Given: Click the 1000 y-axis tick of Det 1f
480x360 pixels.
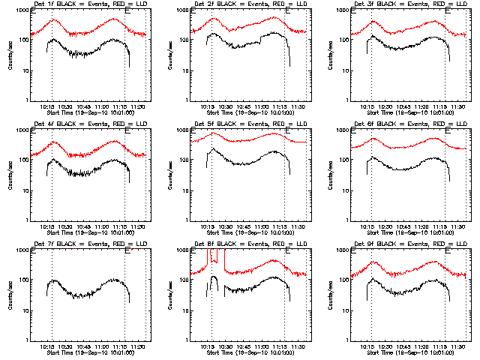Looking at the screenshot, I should pyautogui.click(x=23, y=10).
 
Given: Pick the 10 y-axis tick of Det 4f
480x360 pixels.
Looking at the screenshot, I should pyautogui.click(x=26, y=190).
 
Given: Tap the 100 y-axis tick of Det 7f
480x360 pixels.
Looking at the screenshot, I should pyautogui.click(x=25, y=280).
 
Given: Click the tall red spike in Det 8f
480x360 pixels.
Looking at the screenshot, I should pyautogui.click(x=208, y=259).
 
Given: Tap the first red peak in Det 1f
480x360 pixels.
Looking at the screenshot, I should pyautogui.click(x=54, y=20).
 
